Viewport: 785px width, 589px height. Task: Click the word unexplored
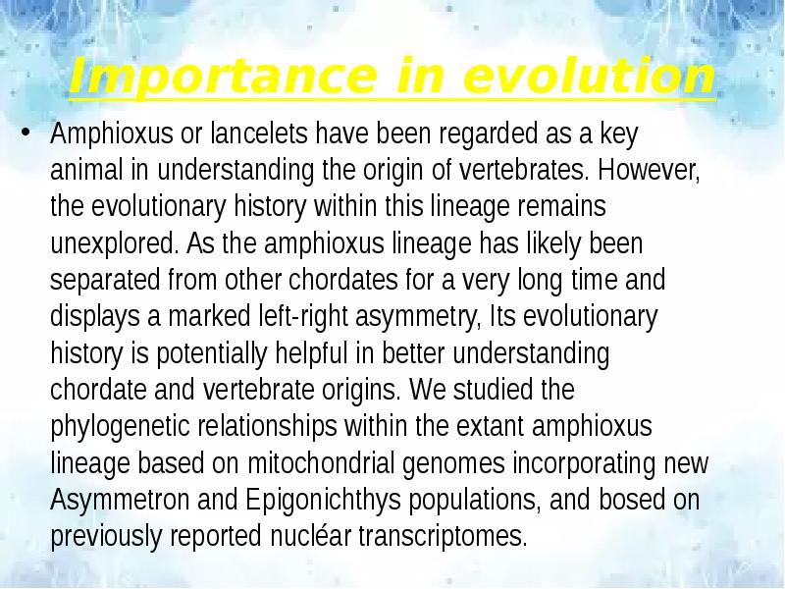pyautogui.click(x=107, y=243)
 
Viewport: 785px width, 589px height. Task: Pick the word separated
pyautogui.click(x=99, y=281)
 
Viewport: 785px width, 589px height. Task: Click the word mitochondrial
pyautogui.click(x=376, y=463)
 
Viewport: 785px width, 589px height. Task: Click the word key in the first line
pyautogui.click(x=622, y=134)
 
